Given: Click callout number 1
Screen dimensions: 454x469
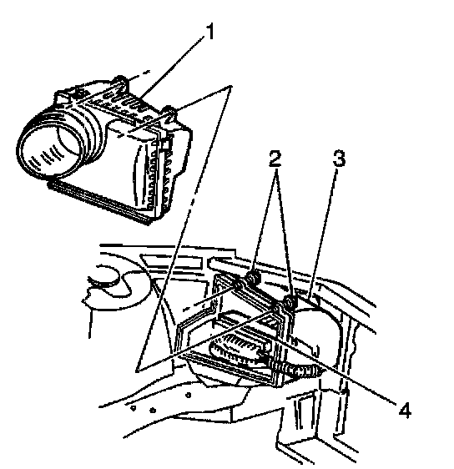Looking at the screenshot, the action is (210, 32).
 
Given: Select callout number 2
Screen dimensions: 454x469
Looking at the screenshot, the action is (275, 159).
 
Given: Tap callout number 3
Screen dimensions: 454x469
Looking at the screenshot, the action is (339, 159).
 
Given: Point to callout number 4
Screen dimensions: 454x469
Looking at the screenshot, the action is (405, 410).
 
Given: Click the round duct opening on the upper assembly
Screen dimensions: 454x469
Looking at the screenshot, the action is (49, 149).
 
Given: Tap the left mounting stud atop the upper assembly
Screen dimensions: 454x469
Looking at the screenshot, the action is (120, 82).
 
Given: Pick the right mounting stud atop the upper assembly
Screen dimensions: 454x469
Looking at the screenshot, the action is (170, 112).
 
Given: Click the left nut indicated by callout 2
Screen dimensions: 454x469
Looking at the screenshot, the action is (253, 278).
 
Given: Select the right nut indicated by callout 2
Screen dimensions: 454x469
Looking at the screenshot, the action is (290, 302).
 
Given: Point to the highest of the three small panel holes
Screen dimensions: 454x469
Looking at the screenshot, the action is (188, 395).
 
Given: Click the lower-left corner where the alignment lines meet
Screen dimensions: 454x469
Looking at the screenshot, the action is (137, 371).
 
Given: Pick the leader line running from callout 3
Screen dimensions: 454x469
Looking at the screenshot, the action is (322, 234).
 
